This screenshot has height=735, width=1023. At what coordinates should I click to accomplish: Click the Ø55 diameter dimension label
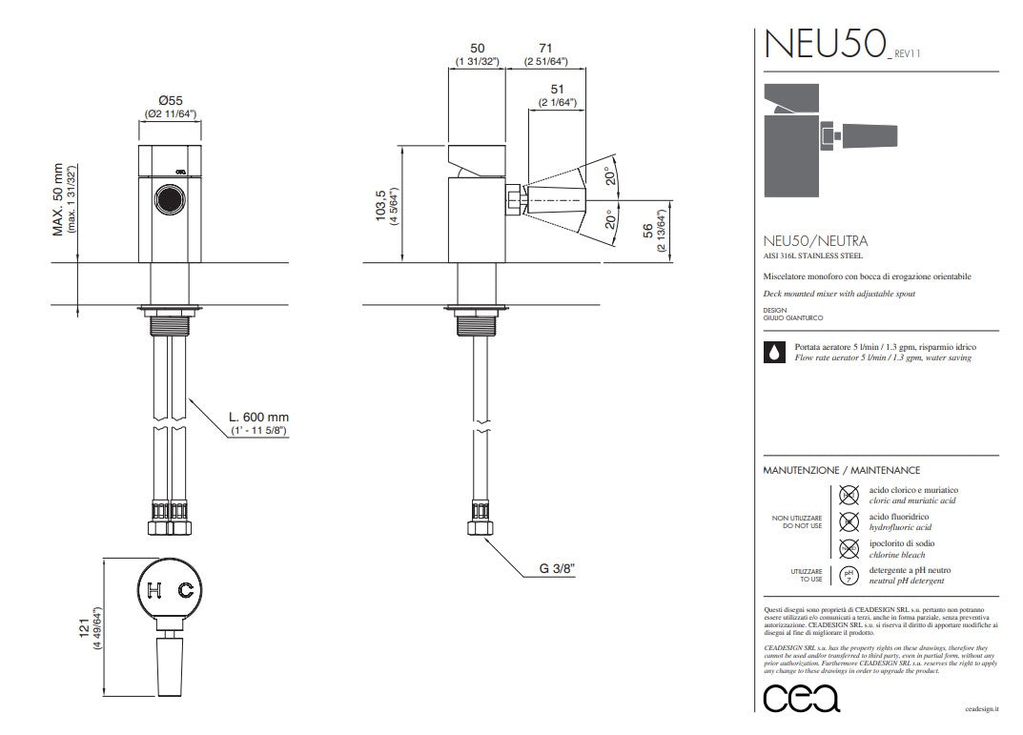(x=171, y=100)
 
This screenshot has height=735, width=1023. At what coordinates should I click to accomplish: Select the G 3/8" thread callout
(x=557, y=569)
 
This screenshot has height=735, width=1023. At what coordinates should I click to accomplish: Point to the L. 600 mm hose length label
(x=258, y=417)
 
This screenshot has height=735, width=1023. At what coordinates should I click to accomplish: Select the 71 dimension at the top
(x=545, y=48)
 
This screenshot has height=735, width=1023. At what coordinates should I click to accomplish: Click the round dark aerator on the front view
(x=170, y=201)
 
